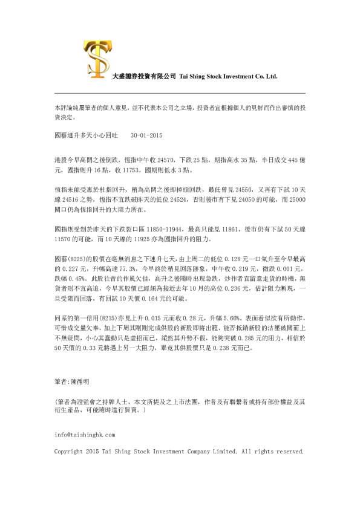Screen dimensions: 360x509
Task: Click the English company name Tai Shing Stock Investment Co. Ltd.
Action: point(228,77)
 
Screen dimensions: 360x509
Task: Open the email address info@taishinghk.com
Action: point(85,434)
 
